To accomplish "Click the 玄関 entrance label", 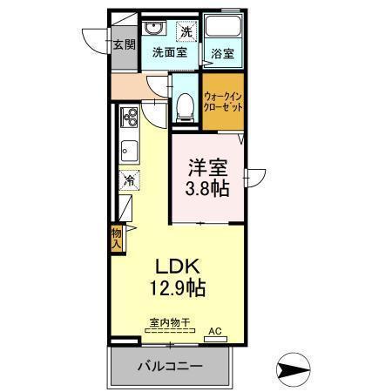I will tap(123, 45).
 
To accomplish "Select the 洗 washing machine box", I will tap(186, 32).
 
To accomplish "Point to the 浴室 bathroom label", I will tap(222, 52).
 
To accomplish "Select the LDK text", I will tap(179, 266).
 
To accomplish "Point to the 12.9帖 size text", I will tap(180, 287).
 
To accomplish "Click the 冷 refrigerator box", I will tap(128, 181).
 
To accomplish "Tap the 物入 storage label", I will tap(116, 238).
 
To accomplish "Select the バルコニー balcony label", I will tap(171, 366).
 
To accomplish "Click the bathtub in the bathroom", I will tap(223, 29).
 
